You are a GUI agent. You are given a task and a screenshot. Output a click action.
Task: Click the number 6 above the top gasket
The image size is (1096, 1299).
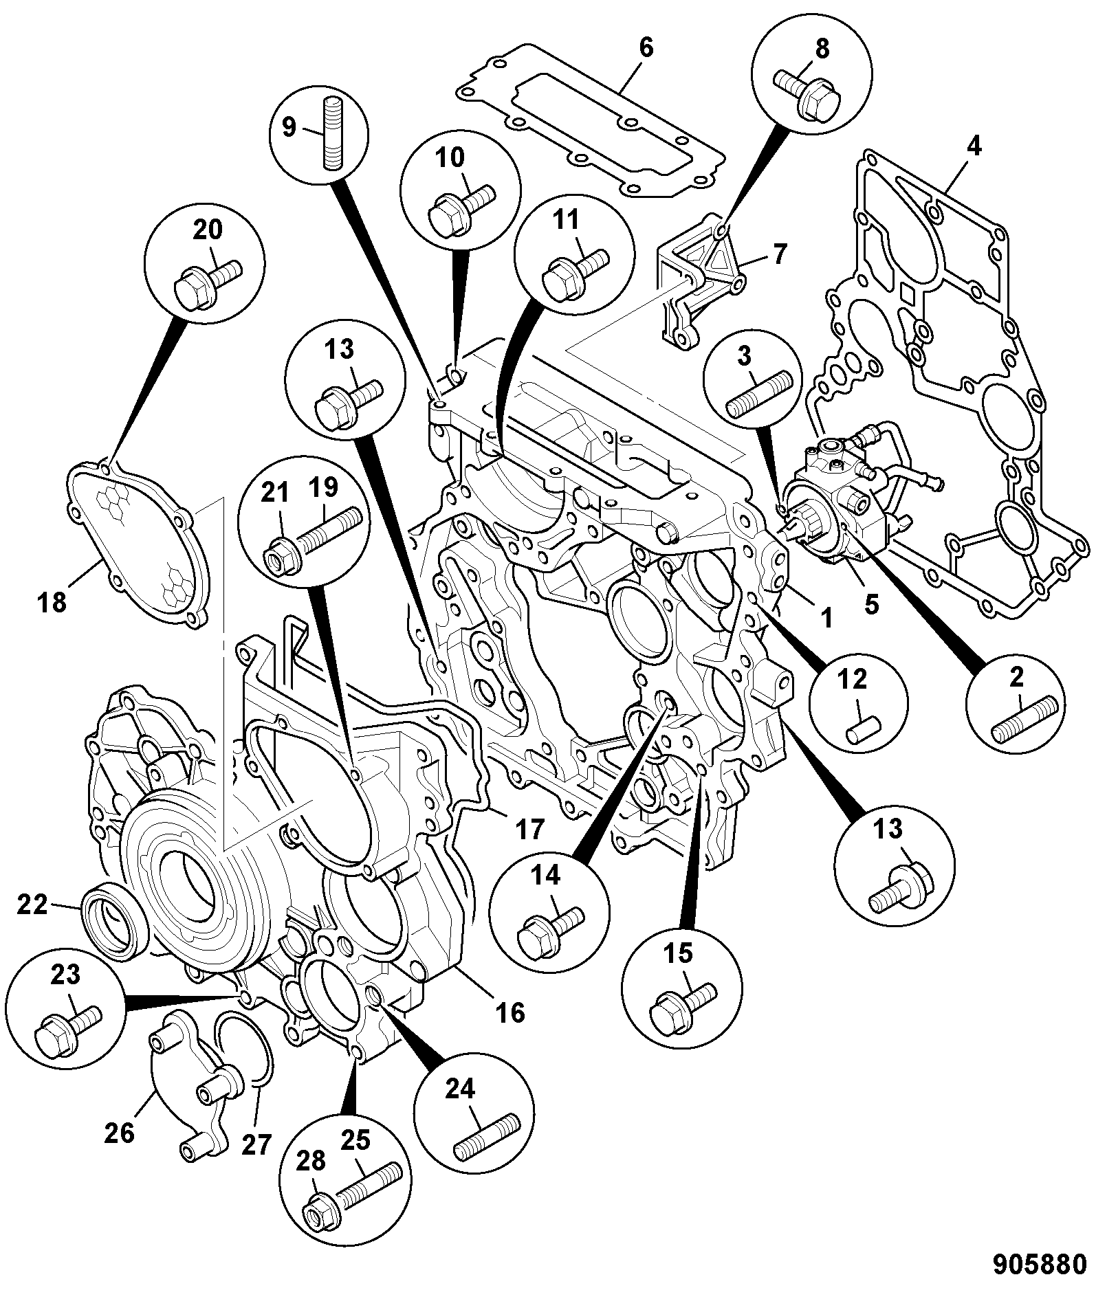(x=645, y=49)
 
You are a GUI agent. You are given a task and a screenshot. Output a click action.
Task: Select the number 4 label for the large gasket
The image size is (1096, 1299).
(x=974, y=146)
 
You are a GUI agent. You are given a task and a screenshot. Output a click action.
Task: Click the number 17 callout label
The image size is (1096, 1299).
(x=529, y=830)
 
